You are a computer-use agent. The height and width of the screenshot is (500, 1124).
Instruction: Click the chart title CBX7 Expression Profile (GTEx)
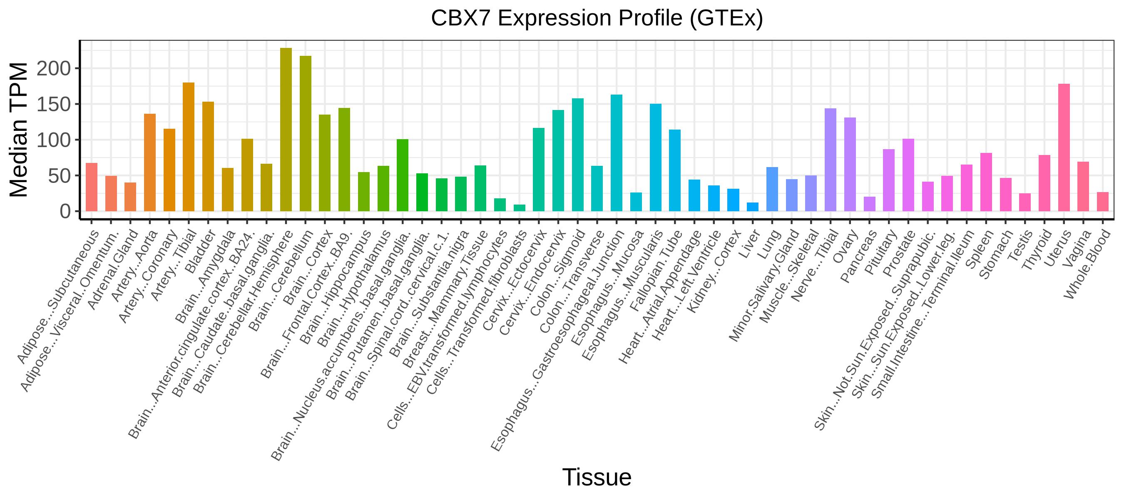(597, 18)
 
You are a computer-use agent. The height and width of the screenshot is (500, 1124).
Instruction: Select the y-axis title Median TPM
(19, 130)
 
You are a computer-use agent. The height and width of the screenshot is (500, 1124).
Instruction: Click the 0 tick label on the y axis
(65, 211)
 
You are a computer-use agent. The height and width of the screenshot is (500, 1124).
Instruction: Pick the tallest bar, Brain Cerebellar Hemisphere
(286, 130)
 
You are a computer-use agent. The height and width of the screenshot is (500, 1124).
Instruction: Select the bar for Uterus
(1064, 147)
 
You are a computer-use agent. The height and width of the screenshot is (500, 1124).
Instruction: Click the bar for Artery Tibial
(189, 147)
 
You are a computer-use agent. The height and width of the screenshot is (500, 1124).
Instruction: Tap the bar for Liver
(753, 207)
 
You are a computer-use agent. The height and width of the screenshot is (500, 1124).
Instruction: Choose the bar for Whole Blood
(1103, 202)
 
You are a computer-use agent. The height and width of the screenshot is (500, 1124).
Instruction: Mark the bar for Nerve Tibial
(831, 160)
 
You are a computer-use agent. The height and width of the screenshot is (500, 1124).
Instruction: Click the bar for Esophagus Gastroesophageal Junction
(617, 153)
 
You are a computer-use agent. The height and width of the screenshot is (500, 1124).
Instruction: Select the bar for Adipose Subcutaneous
(92, 187)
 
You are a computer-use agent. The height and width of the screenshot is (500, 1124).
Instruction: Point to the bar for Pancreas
(869, 204)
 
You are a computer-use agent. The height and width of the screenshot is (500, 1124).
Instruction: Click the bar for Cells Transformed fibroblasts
(519, 208)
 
